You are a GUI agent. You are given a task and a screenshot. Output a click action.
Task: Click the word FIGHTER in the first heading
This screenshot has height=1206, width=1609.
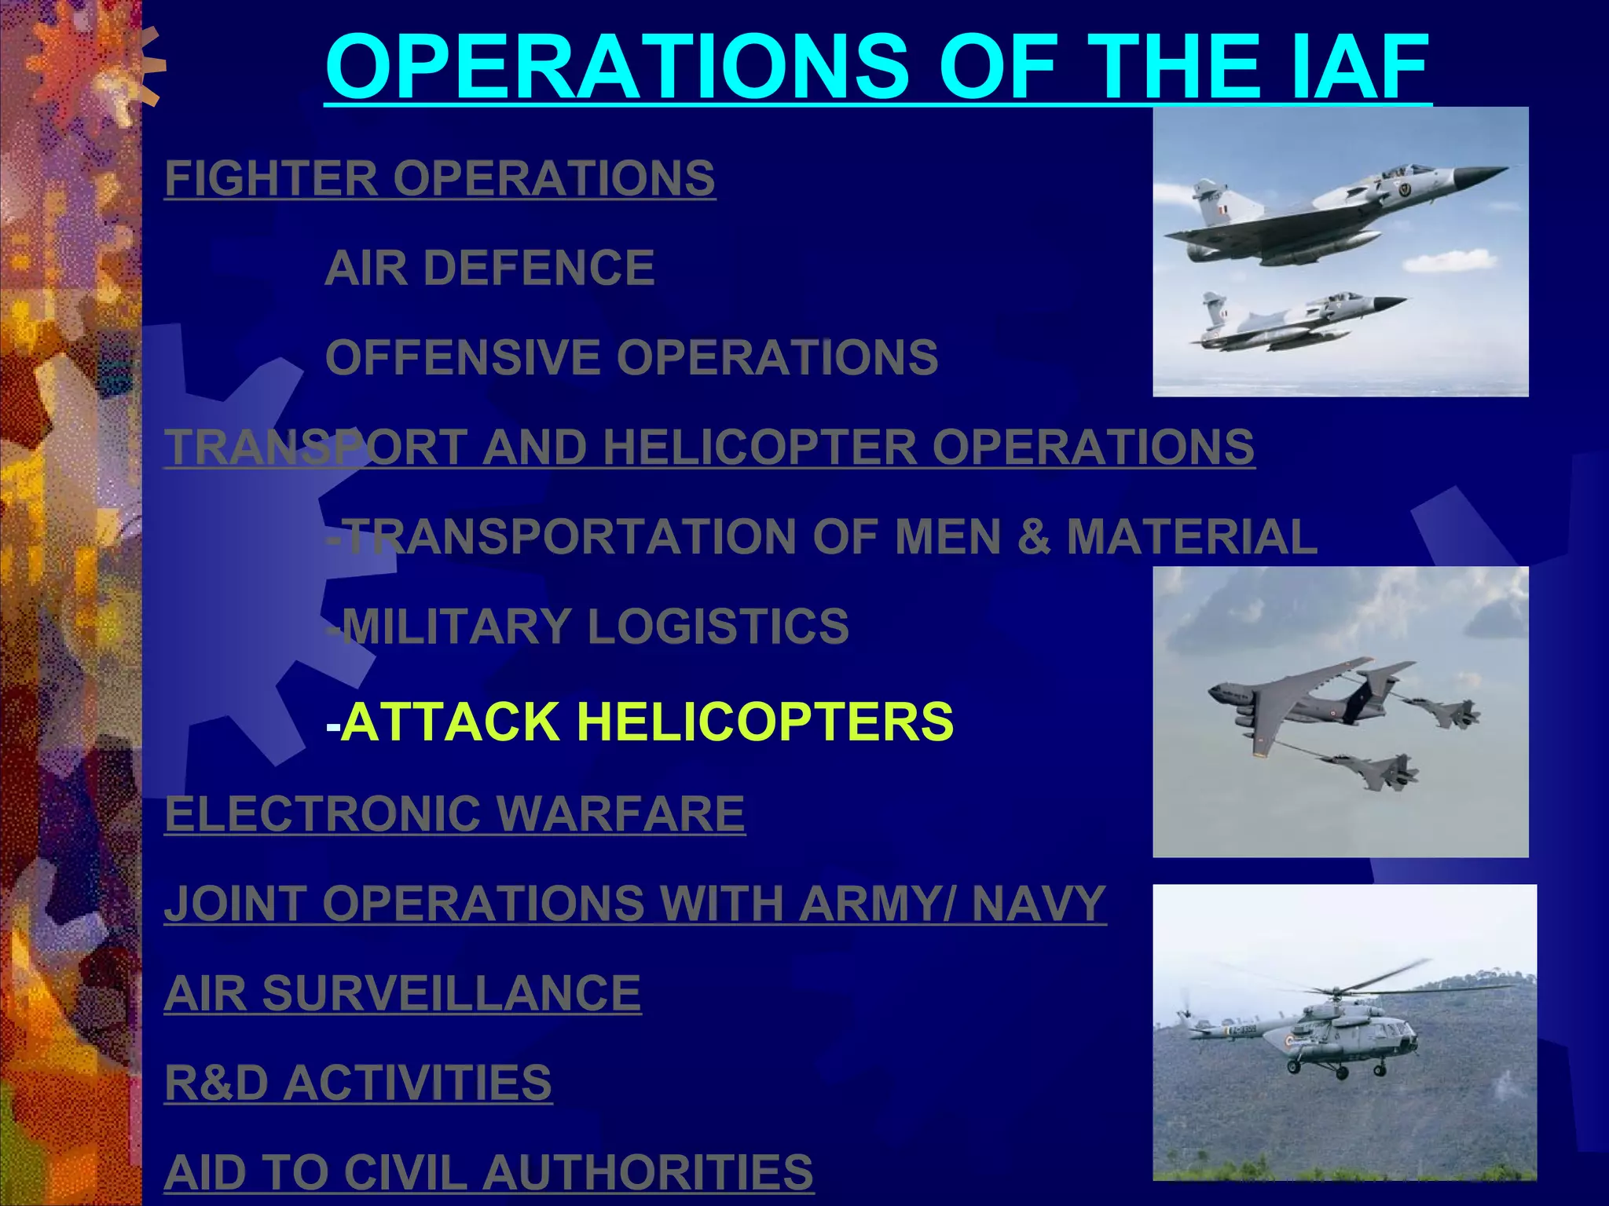pos(271,178)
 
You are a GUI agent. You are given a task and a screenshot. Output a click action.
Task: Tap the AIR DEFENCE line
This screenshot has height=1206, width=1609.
pos(489,268)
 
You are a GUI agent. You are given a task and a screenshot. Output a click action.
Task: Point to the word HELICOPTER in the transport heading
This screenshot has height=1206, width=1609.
pos(760,447)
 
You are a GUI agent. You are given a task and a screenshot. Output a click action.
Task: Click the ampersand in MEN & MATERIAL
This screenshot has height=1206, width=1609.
pos(1033,537)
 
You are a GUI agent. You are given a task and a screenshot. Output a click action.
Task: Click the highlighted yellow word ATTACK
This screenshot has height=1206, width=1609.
pos(451,722)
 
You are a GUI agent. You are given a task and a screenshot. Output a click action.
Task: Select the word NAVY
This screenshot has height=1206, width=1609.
pos(1039,903)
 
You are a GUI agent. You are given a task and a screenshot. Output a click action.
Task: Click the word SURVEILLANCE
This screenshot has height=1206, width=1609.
pos(451,993)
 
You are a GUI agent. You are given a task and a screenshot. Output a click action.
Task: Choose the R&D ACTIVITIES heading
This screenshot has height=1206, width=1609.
pos(358,1083)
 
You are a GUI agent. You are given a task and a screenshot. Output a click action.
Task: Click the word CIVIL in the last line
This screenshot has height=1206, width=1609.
pos(404,1172)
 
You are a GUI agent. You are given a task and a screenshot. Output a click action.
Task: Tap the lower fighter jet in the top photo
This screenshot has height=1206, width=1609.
pos(1296,320)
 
